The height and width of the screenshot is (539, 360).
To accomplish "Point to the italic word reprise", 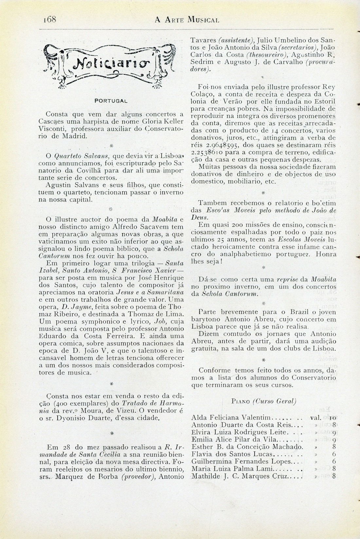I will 289,280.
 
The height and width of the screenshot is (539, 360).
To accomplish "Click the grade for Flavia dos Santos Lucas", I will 333,454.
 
